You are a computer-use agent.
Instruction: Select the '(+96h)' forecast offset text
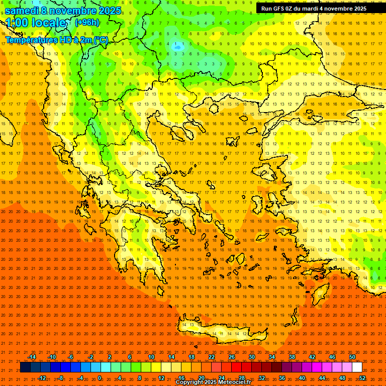(86, 22)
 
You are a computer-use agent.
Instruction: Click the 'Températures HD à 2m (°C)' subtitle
(56, 40)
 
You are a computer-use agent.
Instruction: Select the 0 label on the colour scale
(100, 378)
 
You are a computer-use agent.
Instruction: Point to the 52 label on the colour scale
(362, 378)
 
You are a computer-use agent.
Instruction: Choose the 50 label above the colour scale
(352, 357)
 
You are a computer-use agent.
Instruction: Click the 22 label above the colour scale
(212, 357)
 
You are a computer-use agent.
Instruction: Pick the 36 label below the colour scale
(282, 378)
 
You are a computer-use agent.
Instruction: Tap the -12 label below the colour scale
(42, 378)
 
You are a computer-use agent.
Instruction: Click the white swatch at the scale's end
(357, 367)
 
